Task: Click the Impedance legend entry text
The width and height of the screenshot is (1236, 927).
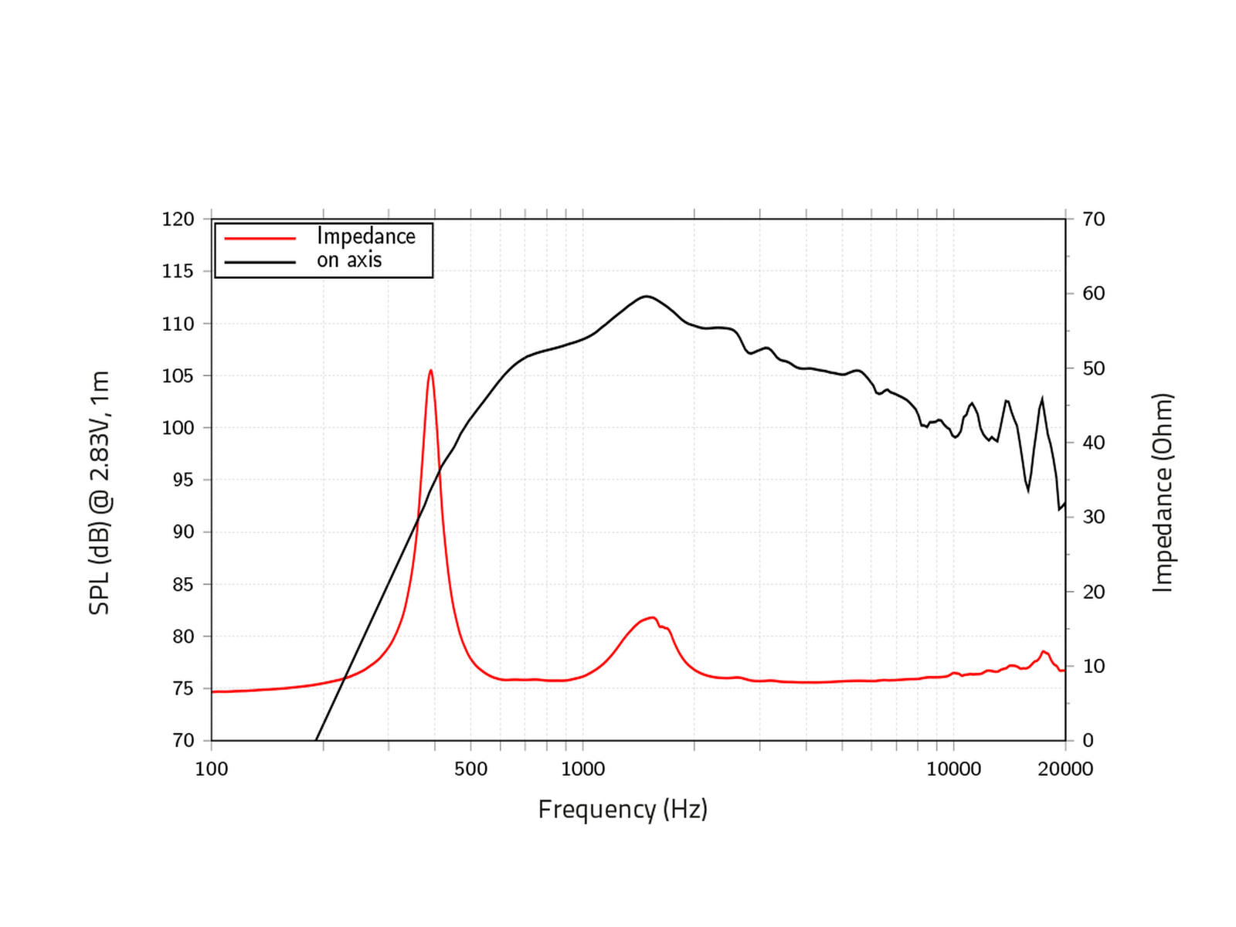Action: (x=365, y=236)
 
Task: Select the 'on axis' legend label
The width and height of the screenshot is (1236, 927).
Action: (x=349, y=260)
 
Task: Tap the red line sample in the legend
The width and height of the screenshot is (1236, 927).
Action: (x=260, y=238)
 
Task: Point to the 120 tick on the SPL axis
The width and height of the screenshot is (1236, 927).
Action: (x=178, y=219)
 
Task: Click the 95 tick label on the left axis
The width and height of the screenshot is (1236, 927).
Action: (x=178, y=480)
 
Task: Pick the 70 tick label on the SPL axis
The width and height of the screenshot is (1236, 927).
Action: (x=183, y=741)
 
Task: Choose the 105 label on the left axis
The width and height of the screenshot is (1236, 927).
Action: (x=178, y=376)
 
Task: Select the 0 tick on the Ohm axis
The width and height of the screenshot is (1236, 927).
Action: (x=1088, y=741)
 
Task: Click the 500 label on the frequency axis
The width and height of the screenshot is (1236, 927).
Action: (x=470, y=769)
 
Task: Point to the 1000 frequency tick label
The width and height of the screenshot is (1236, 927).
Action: (x=582, y=769)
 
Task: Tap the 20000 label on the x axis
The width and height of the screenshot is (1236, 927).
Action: (x=1065, y=769)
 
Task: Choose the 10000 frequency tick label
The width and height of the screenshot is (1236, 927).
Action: (x=953, y=769)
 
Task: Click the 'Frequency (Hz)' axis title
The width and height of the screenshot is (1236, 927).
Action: (x=623, y=810)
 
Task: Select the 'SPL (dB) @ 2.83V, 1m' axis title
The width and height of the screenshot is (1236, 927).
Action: (x=100, y=493)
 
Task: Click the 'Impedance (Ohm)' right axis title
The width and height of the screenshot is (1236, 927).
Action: (x=1163, y=493)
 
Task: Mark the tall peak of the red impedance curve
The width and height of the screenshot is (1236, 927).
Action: (x=430, y=371)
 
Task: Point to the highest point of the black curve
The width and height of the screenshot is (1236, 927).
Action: (x=646, y=296)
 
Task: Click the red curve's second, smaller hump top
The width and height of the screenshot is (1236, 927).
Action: (x=652, y=617)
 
